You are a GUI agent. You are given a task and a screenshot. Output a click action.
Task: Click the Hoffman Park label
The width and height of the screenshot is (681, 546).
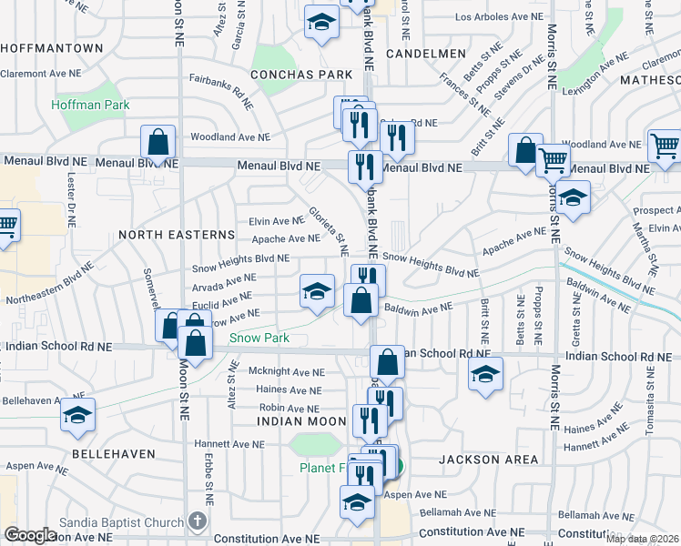(x=90, y=105)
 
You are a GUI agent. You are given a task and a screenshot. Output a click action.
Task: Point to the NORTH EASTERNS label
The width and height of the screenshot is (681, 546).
(x=177, y=235)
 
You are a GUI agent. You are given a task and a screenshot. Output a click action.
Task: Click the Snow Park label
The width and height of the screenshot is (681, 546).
(x=259, y=338)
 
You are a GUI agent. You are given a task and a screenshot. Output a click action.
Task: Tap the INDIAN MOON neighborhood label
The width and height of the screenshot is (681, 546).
(x=302, y=421)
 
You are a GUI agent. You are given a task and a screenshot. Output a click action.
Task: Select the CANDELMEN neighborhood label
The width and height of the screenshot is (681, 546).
(x=426, y=55)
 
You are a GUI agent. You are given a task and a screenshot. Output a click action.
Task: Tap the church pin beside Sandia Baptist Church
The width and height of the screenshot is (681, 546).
(x=198, y=521)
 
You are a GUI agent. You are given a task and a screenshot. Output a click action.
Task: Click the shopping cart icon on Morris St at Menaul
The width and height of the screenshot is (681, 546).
(x=554, y=161)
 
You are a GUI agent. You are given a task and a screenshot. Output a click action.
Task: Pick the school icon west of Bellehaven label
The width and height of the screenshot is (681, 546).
(x=78, y=415)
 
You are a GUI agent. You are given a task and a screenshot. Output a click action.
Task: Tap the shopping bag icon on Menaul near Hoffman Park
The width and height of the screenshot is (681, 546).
(x=158, y=143)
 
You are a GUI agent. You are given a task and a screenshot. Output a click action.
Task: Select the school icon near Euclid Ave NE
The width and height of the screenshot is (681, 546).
(x=317, y=291)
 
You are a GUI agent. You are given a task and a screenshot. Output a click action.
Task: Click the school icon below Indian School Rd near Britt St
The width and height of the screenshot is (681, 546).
(x=485, y=373)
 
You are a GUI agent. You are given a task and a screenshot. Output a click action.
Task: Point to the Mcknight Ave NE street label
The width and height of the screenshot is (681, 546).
(x=287, y=372)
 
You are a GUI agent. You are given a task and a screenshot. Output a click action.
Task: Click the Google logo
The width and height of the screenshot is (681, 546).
(x=30, y=535)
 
